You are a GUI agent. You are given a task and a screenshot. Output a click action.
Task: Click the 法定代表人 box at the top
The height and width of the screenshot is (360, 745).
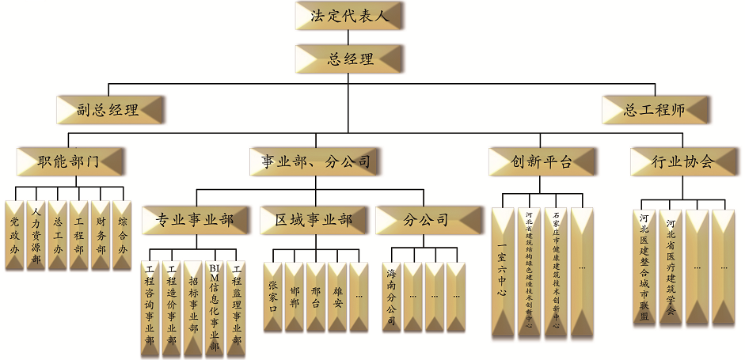click(x=349, y=16)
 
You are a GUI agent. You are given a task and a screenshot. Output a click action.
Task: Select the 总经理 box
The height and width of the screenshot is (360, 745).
click(x=349, y=59)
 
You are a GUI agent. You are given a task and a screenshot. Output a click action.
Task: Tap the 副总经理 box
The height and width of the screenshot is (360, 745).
click(x=109, y=109)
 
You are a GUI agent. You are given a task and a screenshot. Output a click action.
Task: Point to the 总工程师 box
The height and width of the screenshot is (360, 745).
click(x=654, y=109)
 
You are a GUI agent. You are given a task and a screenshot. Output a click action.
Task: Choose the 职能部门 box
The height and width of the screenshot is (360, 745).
click(x=70, y=161)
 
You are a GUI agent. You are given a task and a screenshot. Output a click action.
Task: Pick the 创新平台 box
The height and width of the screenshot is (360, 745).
click(x=542, y=161)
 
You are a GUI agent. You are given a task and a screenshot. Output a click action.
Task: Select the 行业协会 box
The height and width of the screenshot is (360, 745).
click(x=682, y=161)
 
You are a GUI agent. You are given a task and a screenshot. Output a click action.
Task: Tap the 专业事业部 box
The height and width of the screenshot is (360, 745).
click(x=194, y=219)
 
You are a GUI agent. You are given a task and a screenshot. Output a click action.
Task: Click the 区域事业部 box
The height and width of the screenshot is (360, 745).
click(x=314, y=219)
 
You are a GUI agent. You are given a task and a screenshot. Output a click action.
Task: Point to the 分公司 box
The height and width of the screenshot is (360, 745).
click(x=428, y=219)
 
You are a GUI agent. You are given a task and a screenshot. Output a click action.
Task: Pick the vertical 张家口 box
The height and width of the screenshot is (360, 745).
click(x=273, y=297)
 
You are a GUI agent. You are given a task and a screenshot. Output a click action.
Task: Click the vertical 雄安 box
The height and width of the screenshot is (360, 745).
click(x=338, y=297)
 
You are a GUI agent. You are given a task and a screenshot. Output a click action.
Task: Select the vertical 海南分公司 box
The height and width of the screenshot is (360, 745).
click(x=391, y=297)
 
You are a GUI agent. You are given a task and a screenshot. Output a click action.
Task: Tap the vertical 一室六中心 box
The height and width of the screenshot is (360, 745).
click(x=502, y=273)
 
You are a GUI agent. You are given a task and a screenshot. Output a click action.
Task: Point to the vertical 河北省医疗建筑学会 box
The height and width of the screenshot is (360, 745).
click(x=671, y=267)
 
